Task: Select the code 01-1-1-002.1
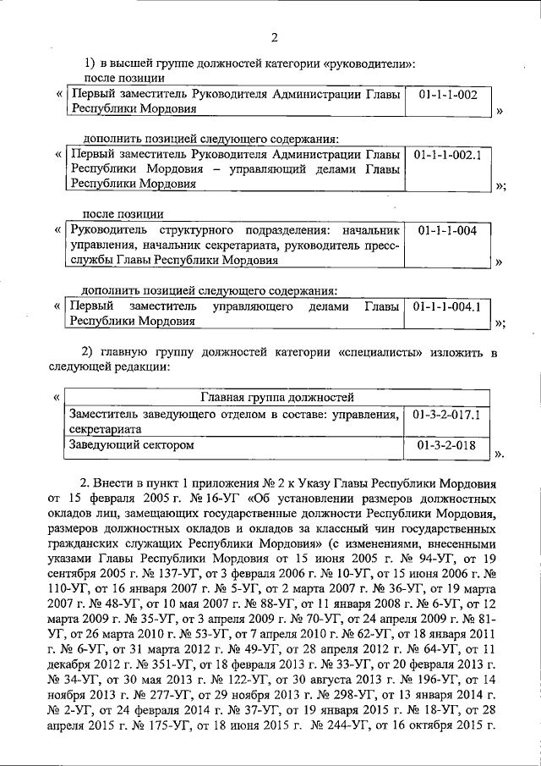click(x=448, y=156)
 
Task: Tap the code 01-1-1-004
click(x=448, y=230)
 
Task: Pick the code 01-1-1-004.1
click(x=448, y=306)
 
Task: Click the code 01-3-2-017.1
click(x=448, y=415)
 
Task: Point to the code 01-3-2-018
click(x=448, y=444)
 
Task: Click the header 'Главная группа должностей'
click(x=276, y=396)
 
